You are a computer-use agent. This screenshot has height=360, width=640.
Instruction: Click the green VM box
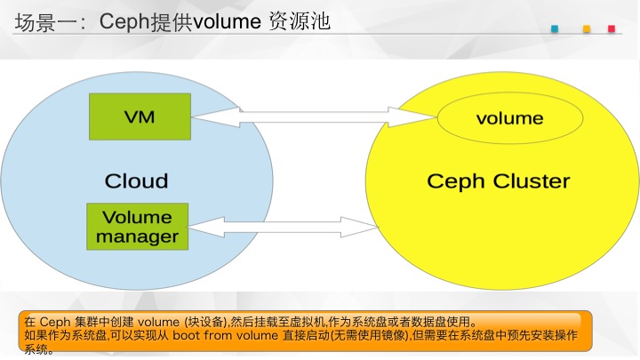pyautogui.click(x=140, y=116)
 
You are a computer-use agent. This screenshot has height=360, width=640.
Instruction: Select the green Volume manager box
pyautogui.click(x=138, y=227)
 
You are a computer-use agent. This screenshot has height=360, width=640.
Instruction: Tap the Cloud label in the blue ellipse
pyautogui.click(x=136, y=180)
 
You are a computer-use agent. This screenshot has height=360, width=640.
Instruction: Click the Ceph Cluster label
pyautogui.click(x=499, y=181)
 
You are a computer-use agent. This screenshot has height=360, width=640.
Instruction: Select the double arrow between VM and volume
pyautogui.click(x=314, y=117)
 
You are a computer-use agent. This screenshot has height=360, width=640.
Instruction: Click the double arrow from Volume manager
pyautogui.click(x=284, y=227)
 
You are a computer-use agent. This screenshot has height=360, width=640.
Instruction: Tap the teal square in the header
pyautogui.click(x=555, y=28)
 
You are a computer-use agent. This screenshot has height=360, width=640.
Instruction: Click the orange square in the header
pyautogui.click(x=587, y=28)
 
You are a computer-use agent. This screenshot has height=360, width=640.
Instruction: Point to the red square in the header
pyautogui.click(x=612, y=28)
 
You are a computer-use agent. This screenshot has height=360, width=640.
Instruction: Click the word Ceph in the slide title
pyautogui.click(x=125, y=22)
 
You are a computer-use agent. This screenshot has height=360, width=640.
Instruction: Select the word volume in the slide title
pyautogui.click(x=227, y=21)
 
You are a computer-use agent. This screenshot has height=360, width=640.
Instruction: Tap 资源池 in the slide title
pyautogui.click(x=300, y=21)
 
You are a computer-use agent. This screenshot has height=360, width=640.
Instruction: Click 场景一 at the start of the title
pyautogui.click(x=45, y=22)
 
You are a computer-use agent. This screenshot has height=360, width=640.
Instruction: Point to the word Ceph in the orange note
pyautogui.click(x=55, y=322)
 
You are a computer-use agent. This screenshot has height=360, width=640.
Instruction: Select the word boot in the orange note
pyautogui.click(x=187, y=335)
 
